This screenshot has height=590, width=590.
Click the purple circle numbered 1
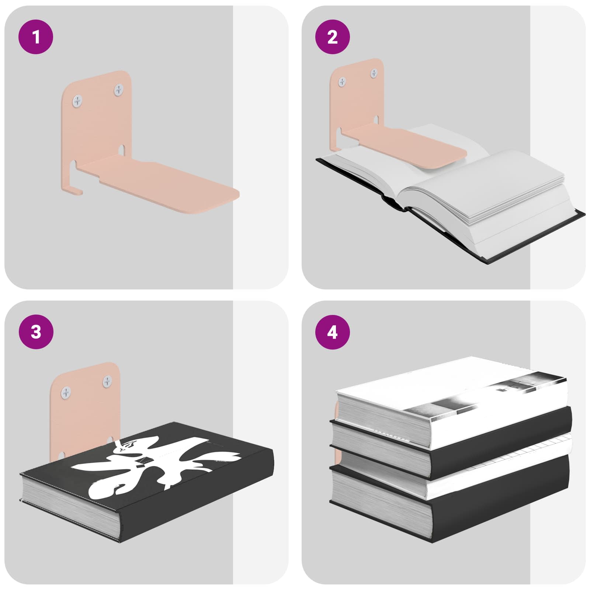tap(36, 37)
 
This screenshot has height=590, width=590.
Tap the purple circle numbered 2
tap(332, 37)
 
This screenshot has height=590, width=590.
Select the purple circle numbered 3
tap(36, 332)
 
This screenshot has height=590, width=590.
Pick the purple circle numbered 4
tap(332, 332)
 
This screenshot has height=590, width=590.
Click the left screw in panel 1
tap(78, 101)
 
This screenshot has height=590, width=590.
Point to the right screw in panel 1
tap(119, 90)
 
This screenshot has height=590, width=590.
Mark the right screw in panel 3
tap(107, 381)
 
